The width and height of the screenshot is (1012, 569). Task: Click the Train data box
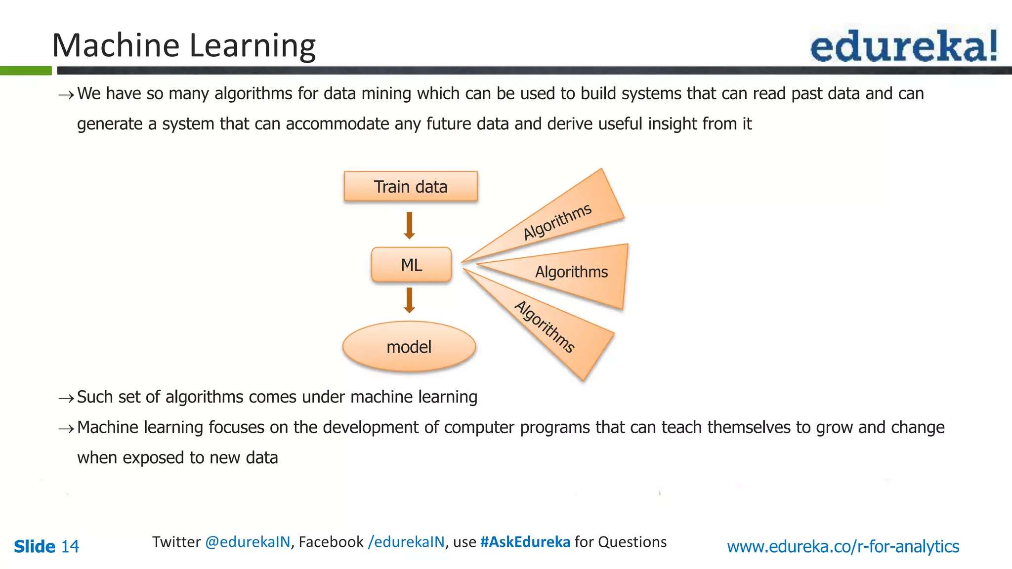coord(411,187)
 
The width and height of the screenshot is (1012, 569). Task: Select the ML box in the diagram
coord(411,265)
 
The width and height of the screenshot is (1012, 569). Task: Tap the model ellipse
coord(409,347)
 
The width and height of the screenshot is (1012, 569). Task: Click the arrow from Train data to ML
coord(409,225)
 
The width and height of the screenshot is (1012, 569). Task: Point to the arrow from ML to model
coord(409,300)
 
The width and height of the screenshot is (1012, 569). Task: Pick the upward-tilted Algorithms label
coord(557,221)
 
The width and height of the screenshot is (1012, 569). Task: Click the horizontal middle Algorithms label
coord(571,272)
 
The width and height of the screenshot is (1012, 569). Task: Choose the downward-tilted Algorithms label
coord(545,327)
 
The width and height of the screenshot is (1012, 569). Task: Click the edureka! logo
coord(903,46)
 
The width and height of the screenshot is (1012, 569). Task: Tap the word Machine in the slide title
coord(116,45)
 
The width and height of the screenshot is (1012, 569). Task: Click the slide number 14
coord(70,546)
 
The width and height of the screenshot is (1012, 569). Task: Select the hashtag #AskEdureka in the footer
coord(525,542)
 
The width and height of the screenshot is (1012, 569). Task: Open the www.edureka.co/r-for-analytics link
coord(843,546)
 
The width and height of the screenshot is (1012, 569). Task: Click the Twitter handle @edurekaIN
coord(248,542)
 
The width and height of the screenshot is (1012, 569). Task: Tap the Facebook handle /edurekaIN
coord(406,542)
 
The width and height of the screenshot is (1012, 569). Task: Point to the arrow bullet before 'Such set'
coord(66,398)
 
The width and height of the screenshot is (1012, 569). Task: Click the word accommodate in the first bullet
coord(337,123)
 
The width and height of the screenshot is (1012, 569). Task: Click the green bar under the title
coord(26,71)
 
